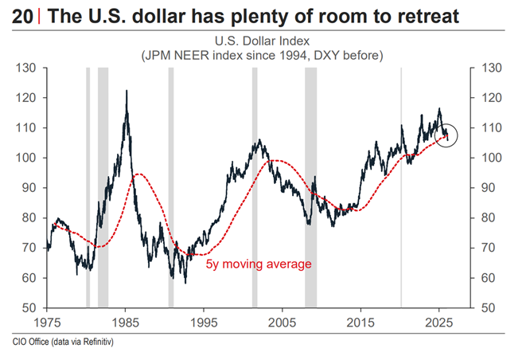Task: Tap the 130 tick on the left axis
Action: point(29,68)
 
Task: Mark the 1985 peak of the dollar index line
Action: point(127,92)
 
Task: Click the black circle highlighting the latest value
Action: point(447,139)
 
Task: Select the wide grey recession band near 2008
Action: point(310,188)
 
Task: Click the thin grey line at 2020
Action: point(400,188)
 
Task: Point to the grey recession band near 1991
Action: point(170,188)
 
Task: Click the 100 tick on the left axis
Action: point(29,158)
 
